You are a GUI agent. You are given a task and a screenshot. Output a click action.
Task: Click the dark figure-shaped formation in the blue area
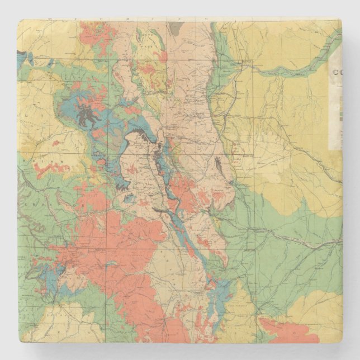[87, 115]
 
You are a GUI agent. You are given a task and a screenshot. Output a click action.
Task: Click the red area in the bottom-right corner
[288, 330]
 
